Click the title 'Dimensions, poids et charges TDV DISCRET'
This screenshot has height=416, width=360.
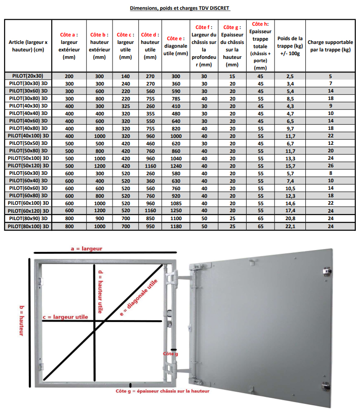pos(180,8)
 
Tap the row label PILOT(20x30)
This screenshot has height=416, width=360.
pos(28,76)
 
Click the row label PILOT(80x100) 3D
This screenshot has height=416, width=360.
pos(28,226)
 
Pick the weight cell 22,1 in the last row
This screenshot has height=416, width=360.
pos(289,226)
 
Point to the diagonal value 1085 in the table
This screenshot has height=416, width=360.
pos(176,204)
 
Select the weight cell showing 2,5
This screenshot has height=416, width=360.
pos(289,76)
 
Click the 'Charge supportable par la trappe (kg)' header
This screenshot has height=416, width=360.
pos(330,46)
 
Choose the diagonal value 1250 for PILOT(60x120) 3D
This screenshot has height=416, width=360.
pos(176,211)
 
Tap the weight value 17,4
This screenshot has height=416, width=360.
pos(289,211)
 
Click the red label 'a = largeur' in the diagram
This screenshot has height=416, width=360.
pos(86,249)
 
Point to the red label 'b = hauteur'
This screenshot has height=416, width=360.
pos(21,320)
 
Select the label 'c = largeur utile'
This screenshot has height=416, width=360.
pos(65,316)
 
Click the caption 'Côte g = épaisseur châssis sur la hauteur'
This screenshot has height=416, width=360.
pos(162,391)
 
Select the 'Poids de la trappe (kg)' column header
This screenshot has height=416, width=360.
pos(289,46)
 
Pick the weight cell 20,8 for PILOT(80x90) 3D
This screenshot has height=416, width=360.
pos(289,219)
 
